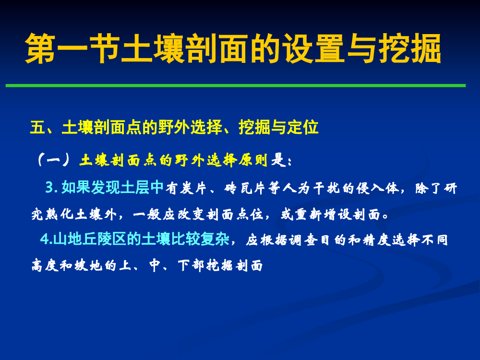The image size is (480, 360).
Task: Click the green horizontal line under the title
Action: click(236, 86)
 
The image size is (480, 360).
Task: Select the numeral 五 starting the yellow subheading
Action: click(37, 127)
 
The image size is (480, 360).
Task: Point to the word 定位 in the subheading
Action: click(303, 127)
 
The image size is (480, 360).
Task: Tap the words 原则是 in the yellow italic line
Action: click(263, 160)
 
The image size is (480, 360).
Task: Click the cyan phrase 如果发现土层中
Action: click(113, 187)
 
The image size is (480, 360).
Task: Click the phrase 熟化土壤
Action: click(74, 214)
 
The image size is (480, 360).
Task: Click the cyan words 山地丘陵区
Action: click(90, 239)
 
